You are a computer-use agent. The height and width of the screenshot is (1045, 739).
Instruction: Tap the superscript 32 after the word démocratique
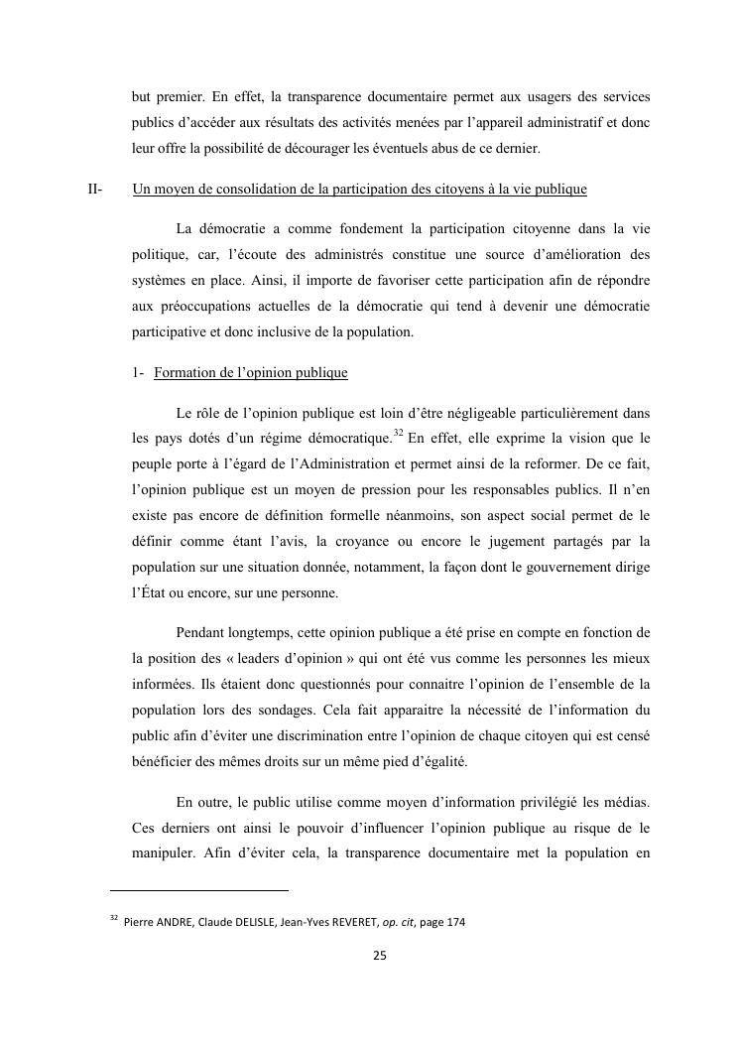click(398, 433)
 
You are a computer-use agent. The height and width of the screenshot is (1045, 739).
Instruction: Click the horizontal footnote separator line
click(198, 890)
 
